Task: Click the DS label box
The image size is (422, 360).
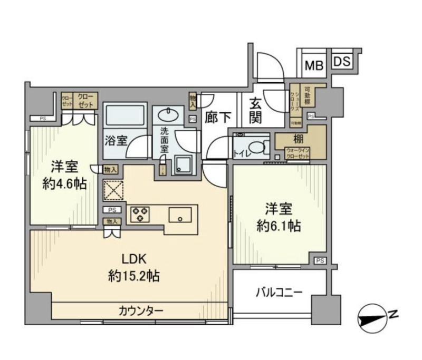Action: pyautogui.click(x=342, y=61)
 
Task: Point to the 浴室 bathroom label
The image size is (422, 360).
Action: pyautogui.click(x=116, y=141)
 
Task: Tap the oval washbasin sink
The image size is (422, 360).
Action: pyautogui.click(x=169, y=114)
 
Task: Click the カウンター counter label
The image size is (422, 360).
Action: pyautogui.click(x=140, y=310)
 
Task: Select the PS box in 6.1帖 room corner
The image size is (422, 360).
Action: pyautogui.click(x=320, y=260)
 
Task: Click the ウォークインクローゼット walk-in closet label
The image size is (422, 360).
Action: pyautogui.click(x=298, y=154)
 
